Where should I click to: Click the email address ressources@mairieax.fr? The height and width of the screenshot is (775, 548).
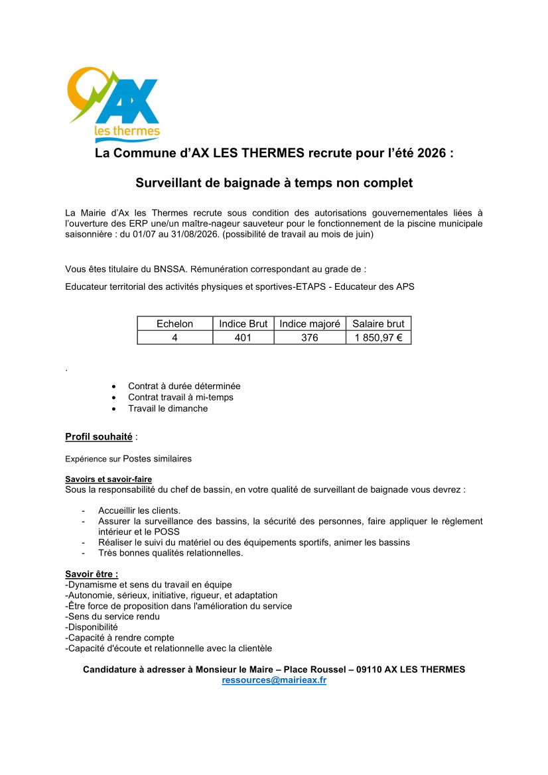[x=274, y=680]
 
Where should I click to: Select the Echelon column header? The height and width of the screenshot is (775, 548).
[x=174, y=324]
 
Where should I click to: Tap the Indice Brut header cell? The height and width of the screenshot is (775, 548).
[x=243, y=324]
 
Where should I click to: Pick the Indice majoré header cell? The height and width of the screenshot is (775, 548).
[x=310, y=324]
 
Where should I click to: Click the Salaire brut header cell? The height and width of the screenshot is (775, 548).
[x=378, y=324]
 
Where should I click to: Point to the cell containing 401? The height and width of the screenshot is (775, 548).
[x=243, y=337]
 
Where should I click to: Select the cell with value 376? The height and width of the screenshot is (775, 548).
[x=310, y=337]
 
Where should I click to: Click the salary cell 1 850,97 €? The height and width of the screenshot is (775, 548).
[x=378, y=337]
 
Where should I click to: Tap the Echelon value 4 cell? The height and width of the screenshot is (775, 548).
[x=174, y=337]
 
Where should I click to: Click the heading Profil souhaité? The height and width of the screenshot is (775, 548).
[x=99, y=436]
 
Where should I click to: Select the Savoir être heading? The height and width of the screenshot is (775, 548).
[x=92, y=573]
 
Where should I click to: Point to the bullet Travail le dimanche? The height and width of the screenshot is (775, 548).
[x=168, y=408]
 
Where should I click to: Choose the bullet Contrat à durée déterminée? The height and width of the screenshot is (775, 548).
[x=184, y=386]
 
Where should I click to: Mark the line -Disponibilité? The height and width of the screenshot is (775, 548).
[x=92, y=626]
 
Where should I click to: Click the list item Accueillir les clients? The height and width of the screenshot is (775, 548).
[x=139, y=510]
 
